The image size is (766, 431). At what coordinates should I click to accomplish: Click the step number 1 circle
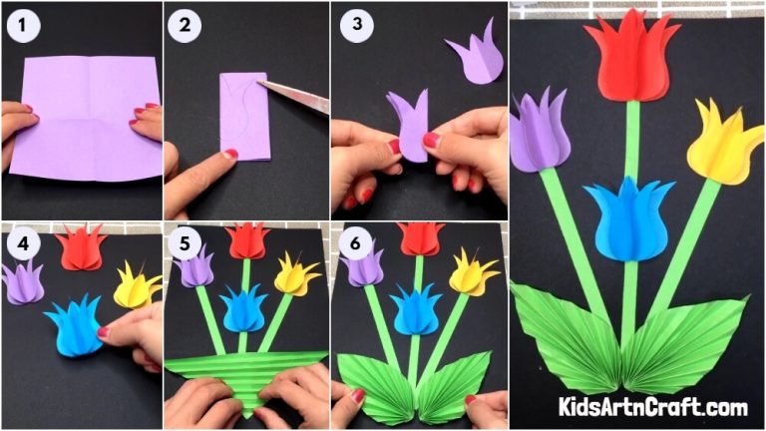23,25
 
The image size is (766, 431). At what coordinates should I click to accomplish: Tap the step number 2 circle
185,25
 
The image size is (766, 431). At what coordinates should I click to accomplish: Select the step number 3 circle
357,24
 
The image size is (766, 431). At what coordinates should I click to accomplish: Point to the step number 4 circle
23,242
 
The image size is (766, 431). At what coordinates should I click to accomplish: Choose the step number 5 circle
185,242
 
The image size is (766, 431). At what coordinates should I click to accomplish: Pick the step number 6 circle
355,242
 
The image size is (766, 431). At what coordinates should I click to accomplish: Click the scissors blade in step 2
293,94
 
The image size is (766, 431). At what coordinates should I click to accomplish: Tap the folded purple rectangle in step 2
244,117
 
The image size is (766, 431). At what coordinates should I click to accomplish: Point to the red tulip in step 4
81,247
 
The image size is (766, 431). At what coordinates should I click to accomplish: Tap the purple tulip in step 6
362,265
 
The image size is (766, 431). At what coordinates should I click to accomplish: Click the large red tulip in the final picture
631,60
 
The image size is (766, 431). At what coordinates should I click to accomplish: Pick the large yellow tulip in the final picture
723,144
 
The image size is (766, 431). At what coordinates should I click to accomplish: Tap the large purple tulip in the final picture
540,132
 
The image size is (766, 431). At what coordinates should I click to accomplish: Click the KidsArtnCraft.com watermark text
653,406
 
